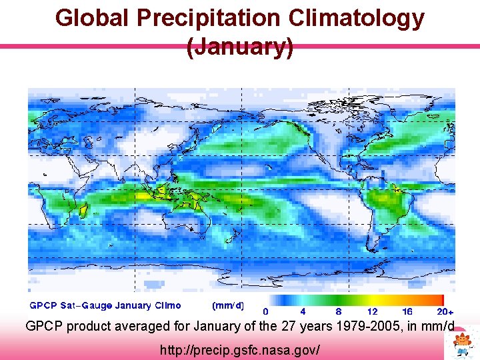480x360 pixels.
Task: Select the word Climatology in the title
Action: coord(358,18)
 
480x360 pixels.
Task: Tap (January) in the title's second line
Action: coord(240,47)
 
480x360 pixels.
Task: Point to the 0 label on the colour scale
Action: coord(266,311)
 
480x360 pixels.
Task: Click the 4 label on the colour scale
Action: coord(303,311)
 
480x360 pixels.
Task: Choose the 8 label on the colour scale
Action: coord(339,311)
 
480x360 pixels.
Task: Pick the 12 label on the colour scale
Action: coord(373,311)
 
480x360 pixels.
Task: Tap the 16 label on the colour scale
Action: coord(408,311)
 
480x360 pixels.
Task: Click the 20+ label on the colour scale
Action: coord(445,311)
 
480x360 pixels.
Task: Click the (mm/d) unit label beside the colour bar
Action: coord(227,306)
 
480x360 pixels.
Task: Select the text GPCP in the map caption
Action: coord(43,306)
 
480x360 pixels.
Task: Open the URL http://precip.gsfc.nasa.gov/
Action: coord(240,349)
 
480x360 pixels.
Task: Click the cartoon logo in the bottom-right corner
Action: coord(462,343)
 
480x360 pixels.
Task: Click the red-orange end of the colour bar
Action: coord(437,300)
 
